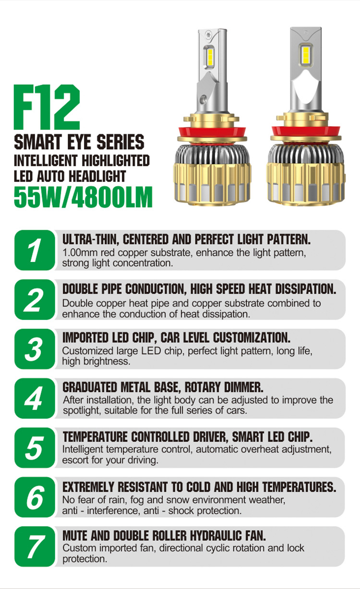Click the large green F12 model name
47,107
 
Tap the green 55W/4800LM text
83,197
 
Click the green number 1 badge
35,250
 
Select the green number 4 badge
35,399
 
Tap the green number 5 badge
35,448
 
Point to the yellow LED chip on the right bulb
305,55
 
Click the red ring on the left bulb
212,132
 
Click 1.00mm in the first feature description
80,253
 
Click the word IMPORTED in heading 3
85,338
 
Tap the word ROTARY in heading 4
203,388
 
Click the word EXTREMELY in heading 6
88,487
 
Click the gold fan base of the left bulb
212,184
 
